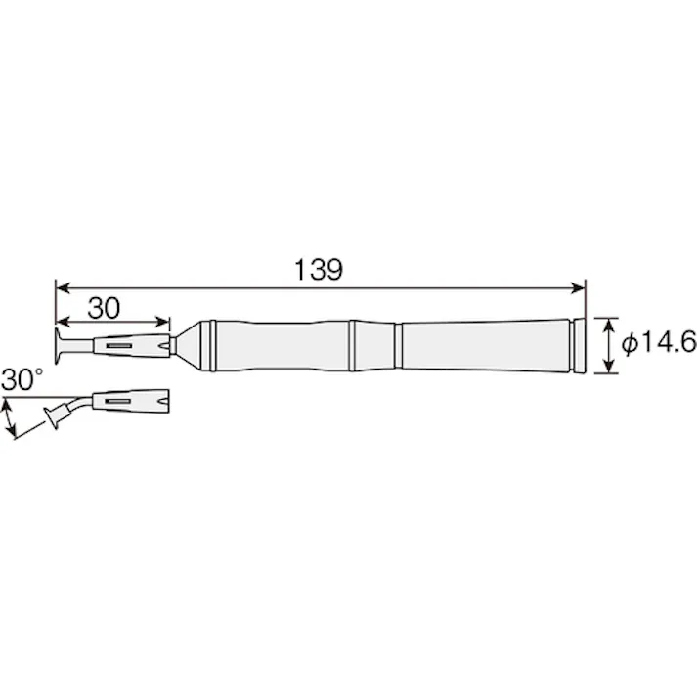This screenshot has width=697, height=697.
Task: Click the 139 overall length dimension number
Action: pos(319,270)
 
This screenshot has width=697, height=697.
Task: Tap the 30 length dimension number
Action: pos(104,308)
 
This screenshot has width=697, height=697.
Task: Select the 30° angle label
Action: pos(22,379)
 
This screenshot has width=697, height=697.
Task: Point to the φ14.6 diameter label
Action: pos(659,343)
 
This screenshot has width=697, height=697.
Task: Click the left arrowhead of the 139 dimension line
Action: pos(63,288)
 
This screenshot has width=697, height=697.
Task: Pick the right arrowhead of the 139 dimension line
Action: pos(578,288)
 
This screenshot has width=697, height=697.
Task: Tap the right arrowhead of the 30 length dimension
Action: pos(162,321)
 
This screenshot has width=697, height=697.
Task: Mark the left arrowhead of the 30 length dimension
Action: pos(63,321)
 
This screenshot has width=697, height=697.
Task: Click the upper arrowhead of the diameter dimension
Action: pos(609,325)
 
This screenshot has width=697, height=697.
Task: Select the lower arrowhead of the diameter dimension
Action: pos(609,367)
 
